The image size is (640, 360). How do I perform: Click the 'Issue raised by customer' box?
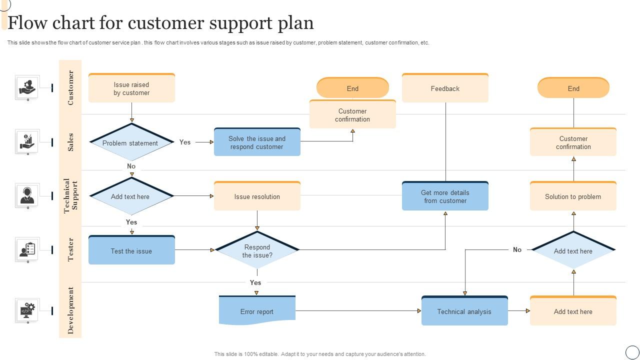tap(131, 88)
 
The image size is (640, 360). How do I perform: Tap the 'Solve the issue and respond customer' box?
tap(257, 142)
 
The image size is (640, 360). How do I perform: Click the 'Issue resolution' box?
tap(257, 196)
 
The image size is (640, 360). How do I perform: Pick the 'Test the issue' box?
tap(131, 250)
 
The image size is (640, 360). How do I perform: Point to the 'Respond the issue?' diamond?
tap(257, 250)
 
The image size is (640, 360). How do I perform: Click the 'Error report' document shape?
tap(257, 311)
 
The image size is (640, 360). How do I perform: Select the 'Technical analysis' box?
tap(464, 311)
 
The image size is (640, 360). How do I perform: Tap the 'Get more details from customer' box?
tap(445, 196)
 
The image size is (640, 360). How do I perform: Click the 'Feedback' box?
tap(445, 88)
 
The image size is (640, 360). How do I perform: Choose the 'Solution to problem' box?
tap(573, 196)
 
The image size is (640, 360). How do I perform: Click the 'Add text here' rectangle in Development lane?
tap(573, 311)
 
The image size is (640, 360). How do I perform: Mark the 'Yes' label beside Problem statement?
tap(185, 142)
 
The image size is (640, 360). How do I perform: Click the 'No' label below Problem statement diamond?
tap(131, 166)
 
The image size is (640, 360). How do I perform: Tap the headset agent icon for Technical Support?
tap(27, 195)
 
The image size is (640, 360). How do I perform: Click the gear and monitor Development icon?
tap(27, 310)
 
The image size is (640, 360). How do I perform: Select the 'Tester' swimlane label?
tap(70, 249)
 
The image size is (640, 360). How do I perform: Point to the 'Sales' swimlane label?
tap(70, 142)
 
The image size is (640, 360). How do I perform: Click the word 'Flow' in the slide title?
tap(30, 23)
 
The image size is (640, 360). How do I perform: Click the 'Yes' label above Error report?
tap(255, 282)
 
